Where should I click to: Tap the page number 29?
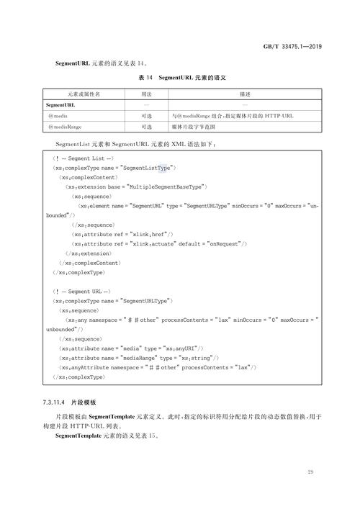pyautogui.click(x=310, y=472)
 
